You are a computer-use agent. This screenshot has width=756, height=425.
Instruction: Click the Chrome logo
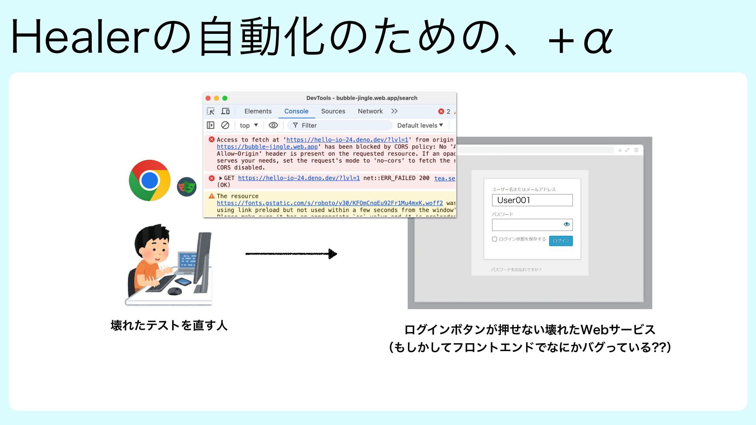point(150,180)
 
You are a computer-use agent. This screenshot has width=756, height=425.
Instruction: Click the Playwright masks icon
point(187,187)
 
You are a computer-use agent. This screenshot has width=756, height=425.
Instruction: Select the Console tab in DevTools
point(296,111)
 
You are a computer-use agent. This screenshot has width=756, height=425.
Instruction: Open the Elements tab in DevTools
point(258,111)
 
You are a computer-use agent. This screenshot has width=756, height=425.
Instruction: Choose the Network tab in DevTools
point(370,111)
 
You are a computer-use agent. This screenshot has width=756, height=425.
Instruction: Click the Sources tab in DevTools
point(333,111)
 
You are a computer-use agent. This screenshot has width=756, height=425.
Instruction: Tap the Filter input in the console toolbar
point(343,126)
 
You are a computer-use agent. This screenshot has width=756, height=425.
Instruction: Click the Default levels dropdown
point(420,126)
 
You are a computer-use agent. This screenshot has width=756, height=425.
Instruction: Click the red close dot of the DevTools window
point(208,98)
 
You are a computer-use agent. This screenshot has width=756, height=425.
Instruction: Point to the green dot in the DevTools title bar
point(225,98)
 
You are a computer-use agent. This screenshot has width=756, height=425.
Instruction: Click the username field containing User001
point(532,200)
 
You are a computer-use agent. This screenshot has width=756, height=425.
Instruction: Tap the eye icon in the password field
point(567,224)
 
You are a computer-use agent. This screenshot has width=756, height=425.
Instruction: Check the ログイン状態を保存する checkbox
point(495,239)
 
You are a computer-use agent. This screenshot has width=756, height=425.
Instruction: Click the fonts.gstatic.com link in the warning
point(330,203)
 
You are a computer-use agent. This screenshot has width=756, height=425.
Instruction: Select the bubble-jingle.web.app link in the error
point(267,147)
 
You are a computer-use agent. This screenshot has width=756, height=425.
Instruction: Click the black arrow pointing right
point(291,254)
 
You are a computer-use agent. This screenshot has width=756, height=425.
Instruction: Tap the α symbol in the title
point(598,39)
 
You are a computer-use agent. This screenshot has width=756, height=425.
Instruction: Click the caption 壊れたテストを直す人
point(169,325)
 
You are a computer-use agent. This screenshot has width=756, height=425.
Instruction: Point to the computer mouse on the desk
point(174,291)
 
